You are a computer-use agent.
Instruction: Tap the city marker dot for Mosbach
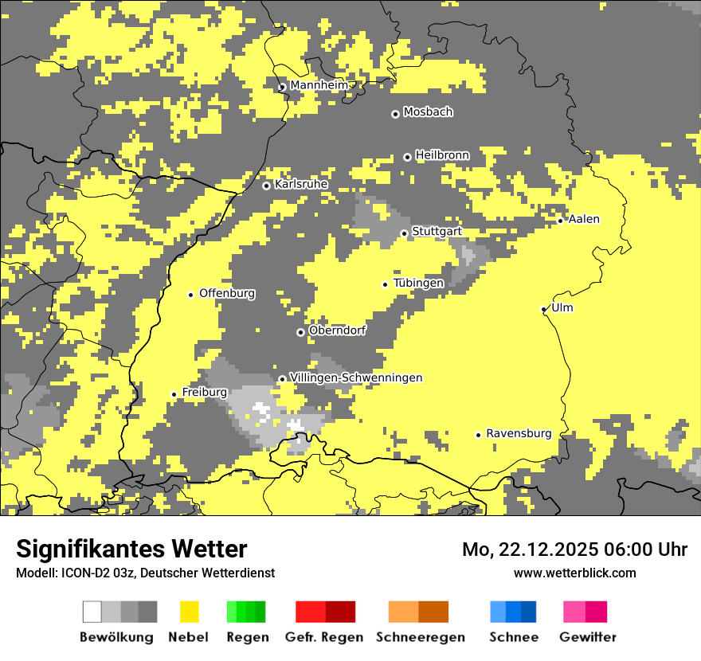(x=395, y=114)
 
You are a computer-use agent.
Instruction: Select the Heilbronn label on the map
(x=442, y=155)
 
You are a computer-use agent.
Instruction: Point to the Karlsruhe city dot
(x=267, y=186)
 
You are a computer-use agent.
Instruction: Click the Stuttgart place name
(x=437, y=232)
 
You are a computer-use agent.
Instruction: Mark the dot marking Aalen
(x=561, y=221)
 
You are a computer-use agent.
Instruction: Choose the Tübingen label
(x=418, y=284)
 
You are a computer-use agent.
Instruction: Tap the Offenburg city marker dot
(x=190, y=295)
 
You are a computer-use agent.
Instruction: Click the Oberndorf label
(x=337, y=330)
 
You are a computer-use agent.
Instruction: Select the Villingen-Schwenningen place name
(x=356, y=377)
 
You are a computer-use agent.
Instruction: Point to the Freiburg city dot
(x=174, y=394)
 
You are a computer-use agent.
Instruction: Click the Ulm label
(x=562, y=308)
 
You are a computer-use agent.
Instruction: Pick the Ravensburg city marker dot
(x=478, y=435)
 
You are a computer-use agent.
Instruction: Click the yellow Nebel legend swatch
(x=190, y=612)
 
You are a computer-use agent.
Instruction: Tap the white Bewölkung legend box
(x=92, y=612)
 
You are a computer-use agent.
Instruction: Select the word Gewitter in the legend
(x=588, y=637)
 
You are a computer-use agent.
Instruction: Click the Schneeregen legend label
(x=421, y=637)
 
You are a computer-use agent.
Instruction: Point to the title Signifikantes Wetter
(x=131, y=549)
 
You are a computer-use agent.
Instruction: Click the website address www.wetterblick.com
(x=575, y=573)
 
